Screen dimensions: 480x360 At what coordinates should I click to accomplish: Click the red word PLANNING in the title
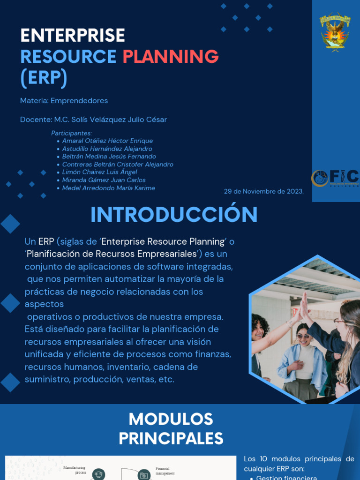pyautogui.click(x=171, y=57)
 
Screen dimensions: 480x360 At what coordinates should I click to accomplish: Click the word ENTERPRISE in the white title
pyautogui.click(x=73, y=36)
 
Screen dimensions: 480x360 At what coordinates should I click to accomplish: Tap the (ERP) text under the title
pyautogui.click(x=44, y=78)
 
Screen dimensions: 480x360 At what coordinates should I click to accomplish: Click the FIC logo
pyautogui.click(x=335, y=178)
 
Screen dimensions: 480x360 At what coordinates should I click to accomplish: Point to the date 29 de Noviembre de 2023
pyautogui.click(x=263, y=191)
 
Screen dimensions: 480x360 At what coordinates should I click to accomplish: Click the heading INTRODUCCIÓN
pyautogui.click(x=174, y=215)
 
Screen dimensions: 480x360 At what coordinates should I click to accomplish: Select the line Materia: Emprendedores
pyautogui.click(x=64, y=101)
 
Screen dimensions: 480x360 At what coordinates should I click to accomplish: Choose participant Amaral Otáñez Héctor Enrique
pyautogui.click(x=107, y=141)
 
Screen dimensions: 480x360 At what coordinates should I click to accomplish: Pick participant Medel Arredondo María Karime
pyautogui.click(x=108, y=188)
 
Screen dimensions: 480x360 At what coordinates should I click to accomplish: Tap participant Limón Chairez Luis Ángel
pyautogui.click(x=99, y=172)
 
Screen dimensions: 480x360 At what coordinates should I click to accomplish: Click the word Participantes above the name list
pyautogui.click(x=71, y=133)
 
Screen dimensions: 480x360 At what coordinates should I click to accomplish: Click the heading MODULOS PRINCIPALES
pyautogui.click(x=171, y=428)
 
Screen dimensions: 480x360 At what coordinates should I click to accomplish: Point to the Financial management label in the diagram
pyautogui.click(x=165, y=471)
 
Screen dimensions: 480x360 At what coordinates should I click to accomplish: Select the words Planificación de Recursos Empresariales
pyautogui.click(x=111, y=254)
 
